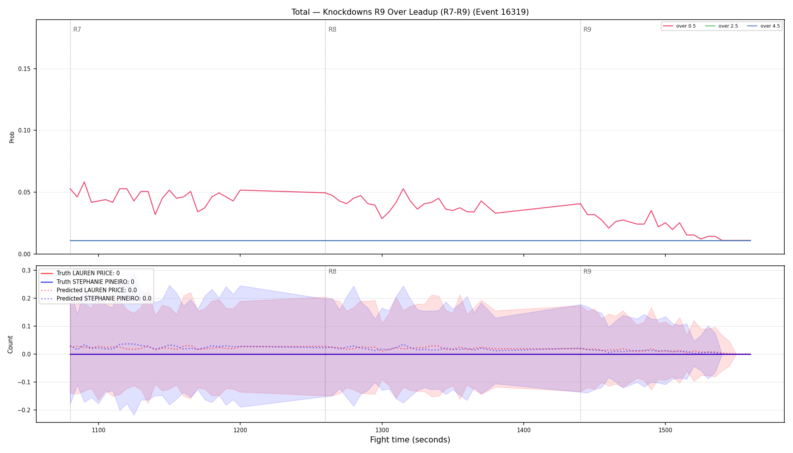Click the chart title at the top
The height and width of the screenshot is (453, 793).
pos(410,12)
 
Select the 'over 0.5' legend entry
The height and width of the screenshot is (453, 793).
pos(679,26)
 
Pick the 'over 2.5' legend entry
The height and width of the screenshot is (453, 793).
pos(722,26)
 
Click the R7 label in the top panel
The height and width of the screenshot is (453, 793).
pos(77,29)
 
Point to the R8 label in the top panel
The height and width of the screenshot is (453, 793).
pos(332,29)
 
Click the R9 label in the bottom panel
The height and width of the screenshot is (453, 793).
pos(587,271)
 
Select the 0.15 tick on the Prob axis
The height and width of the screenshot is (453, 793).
pos(25,69)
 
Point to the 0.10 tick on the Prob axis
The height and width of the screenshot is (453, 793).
pos(25,131)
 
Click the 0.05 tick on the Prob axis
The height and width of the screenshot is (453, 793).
pos(25,192)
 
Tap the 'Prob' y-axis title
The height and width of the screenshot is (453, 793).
pos(12,137)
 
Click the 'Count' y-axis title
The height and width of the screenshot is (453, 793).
pos(10,344)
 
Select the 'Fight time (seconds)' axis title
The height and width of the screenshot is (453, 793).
pos(410,440)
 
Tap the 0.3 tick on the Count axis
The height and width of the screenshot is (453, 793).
pos(26,270)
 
